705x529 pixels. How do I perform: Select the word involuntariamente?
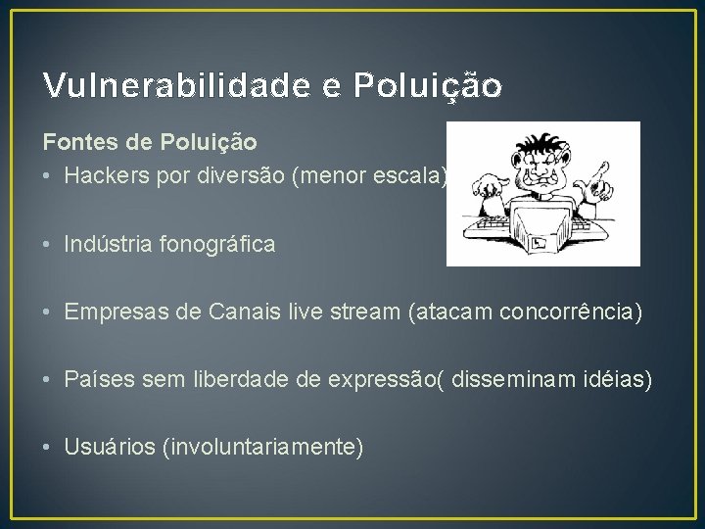click(265, 447)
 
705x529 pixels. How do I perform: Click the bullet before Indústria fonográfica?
click(48, 245)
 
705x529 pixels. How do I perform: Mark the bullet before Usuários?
click(48, 448)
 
